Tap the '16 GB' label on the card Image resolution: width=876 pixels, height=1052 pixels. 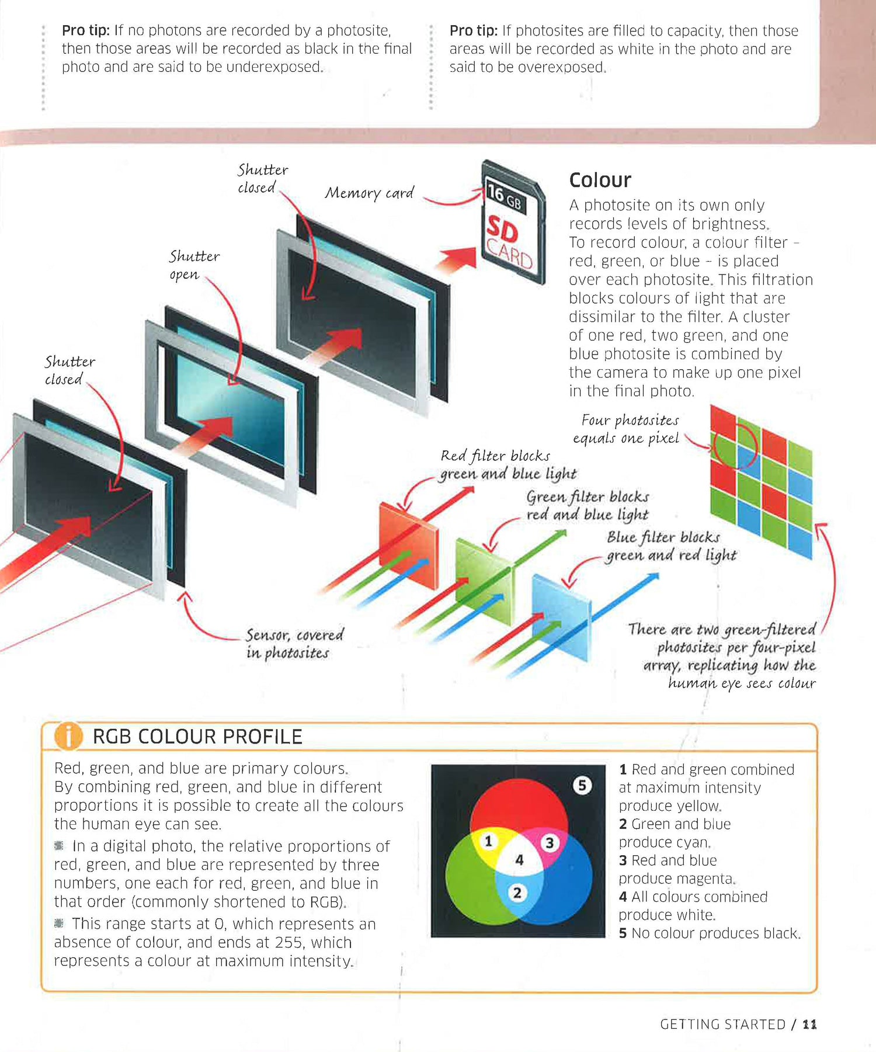tap(505, 197)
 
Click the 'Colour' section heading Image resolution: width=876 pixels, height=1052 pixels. tap(600, 180)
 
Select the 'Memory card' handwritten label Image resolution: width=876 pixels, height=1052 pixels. tap(369, 193)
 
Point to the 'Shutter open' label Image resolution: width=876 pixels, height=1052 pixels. tap(194, 265)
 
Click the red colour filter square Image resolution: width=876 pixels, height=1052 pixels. tap(408, 537)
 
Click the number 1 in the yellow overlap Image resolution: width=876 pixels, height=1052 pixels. tap(489, 841)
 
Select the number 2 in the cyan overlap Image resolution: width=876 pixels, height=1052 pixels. tap(517, 893)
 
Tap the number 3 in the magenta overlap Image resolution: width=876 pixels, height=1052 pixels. tap(549, 843)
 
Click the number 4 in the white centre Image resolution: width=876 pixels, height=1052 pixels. tap(519, 860)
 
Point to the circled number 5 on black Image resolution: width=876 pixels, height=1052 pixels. tap(582, 785)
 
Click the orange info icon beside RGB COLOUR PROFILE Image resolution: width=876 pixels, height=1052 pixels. tap(68, 736)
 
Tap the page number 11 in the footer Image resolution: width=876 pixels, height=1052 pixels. tap(809, 1024)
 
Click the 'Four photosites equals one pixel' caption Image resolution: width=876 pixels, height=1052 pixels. tap(626, 429)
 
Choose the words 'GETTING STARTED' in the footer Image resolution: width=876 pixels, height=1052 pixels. tap(723, 1024)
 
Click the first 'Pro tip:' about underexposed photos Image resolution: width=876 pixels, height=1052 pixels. tap(86, 30)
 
